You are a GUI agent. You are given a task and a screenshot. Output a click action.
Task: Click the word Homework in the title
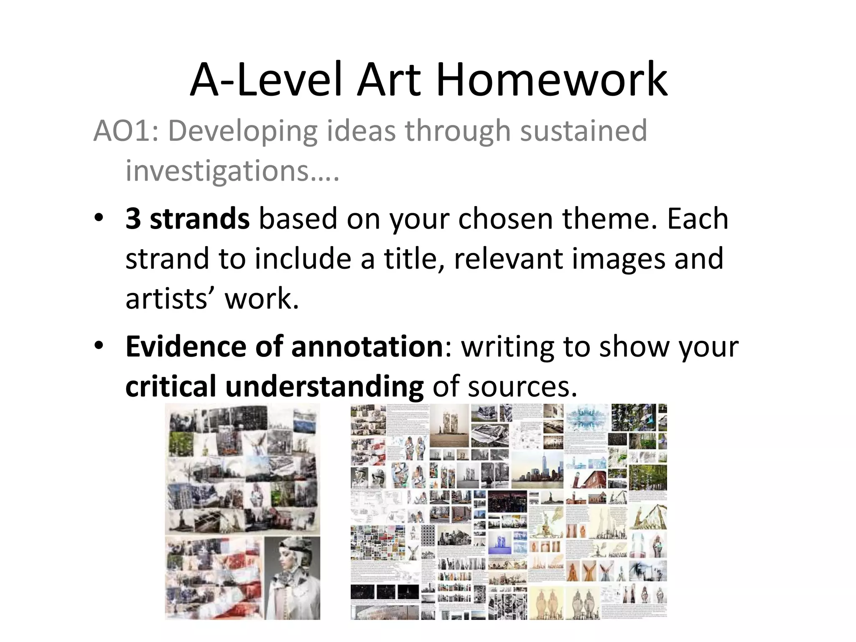[x=551, y=80]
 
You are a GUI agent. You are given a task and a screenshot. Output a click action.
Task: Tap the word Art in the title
[x=389, y=80]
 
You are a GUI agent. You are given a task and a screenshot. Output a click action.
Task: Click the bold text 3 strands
[x=188, y=219]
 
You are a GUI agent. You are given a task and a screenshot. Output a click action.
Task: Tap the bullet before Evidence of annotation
[x=99, y=346]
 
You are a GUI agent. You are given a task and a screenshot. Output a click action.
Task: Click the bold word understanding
[x=324, y=386]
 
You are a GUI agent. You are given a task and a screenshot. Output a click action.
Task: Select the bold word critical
[x=171, y=386]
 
